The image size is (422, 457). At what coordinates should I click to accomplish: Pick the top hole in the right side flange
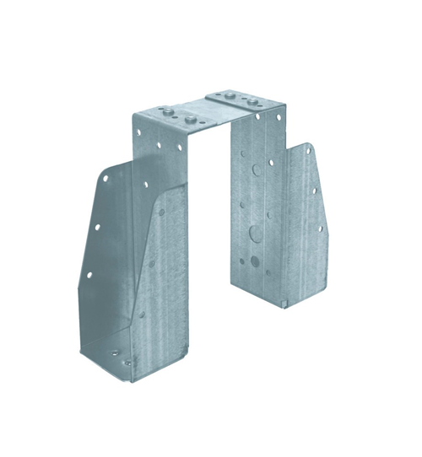[309, 151]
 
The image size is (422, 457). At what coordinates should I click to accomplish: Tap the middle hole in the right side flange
[313, 190]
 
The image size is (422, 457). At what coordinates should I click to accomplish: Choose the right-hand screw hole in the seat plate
[127, 363]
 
